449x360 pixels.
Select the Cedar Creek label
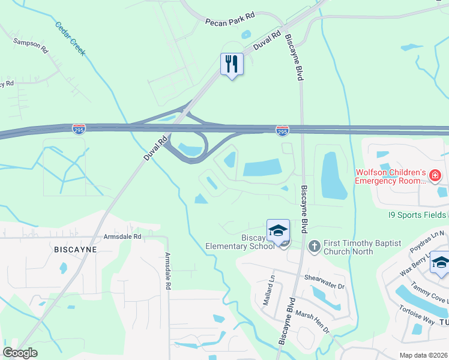(x=70, y=39)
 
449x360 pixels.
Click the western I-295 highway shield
(x=79, y=128)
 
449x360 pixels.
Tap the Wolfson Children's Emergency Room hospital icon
(x=435, y=176)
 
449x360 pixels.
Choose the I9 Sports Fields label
(x=414, y=214)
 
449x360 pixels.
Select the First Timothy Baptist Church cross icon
(x=313, y=246)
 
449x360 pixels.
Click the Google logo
(x=20, y=353)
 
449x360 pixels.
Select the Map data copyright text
(x=423, y=355)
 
